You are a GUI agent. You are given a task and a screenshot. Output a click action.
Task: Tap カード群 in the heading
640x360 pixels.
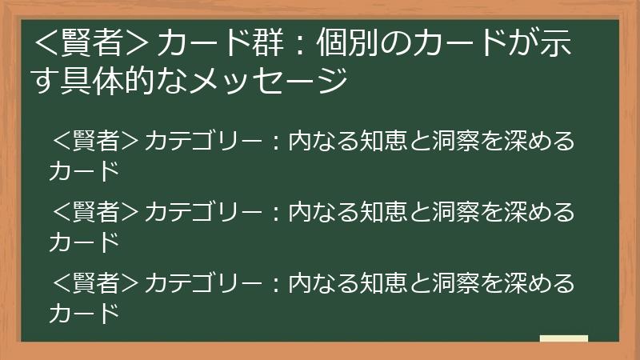coord(220,42)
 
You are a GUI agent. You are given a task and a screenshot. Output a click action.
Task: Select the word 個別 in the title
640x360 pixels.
coord(348,42)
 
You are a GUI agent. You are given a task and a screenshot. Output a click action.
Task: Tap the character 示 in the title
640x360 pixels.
coord(556,42)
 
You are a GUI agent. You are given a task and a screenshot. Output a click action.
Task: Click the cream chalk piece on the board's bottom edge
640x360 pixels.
coord(564,338)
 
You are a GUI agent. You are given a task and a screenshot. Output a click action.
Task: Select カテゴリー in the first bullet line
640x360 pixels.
coord(204,142)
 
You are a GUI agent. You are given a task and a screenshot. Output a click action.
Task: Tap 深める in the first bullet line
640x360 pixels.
coord(539,142)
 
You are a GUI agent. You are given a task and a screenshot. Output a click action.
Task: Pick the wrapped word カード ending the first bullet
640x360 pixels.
coord(84,171)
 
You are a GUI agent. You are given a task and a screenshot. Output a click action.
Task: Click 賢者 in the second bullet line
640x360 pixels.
coord(96,212)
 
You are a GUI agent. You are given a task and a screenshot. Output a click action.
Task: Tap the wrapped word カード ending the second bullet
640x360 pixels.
coord(84,242)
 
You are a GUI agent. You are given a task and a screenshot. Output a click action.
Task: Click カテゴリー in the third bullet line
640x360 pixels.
coord(204,283)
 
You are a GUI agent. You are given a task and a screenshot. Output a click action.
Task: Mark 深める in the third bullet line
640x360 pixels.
coord(539,283)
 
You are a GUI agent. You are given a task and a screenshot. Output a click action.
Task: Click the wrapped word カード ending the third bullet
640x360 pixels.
coord(84,313)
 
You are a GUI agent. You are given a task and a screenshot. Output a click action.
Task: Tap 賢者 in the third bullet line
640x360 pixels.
coord(96,283)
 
